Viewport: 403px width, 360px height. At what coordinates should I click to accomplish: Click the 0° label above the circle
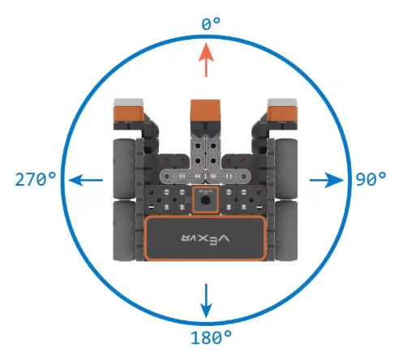211,24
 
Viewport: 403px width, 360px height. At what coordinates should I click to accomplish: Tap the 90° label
371,179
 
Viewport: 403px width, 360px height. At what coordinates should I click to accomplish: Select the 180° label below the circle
211,337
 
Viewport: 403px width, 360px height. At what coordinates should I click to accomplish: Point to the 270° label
36,179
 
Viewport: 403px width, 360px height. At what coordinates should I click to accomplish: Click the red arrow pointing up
206,60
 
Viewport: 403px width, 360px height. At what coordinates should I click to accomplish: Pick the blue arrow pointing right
326,180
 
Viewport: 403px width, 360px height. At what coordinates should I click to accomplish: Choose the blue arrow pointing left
86,180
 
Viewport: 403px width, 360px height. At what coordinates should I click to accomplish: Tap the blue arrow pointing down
206,301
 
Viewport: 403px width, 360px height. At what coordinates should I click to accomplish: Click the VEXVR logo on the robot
205,238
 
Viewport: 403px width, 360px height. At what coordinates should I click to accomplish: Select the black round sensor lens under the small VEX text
206,200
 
